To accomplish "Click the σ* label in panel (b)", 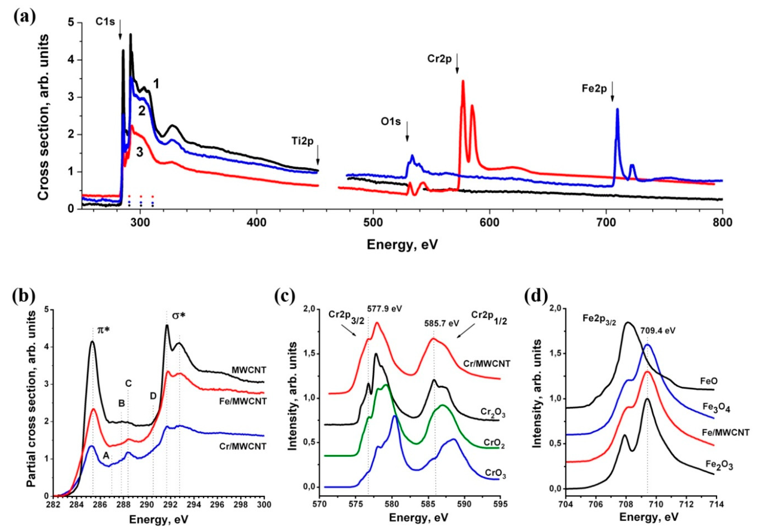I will coord(179,315).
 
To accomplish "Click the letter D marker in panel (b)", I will coord(153,396).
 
